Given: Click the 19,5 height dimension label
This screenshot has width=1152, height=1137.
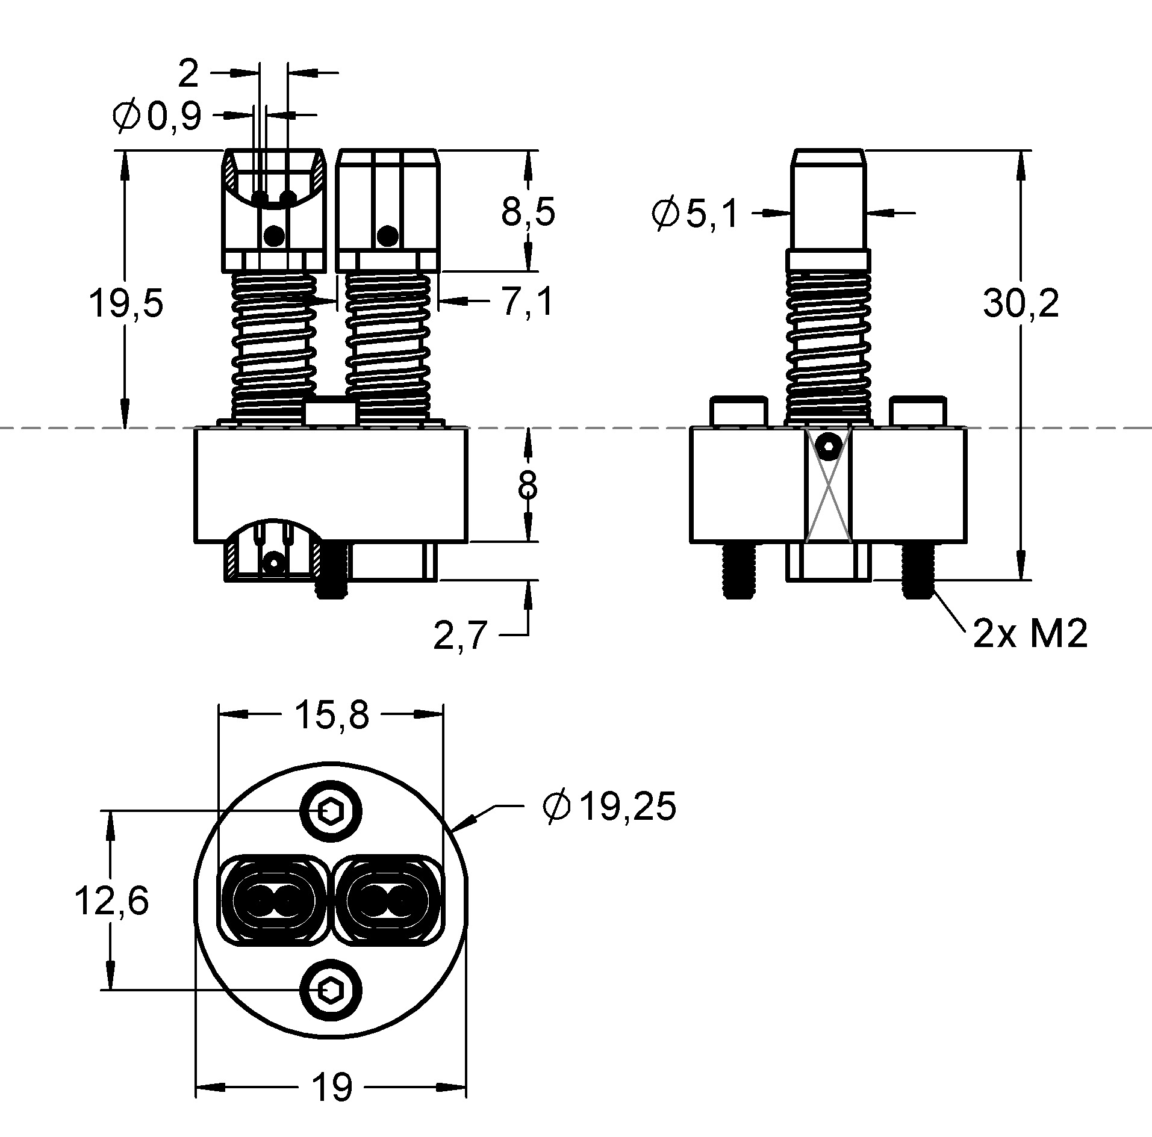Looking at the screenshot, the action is click(x=125, y=303).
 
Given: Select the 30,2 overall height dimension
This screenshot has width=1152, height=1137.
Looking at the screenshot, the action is click(x=1020, y=303).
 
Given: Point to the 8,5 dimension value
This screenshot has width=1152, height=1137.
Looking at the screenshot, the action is click(x=528, y=211).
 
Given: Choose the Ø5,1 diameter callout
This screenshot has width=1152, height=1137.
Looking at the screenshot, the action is click(x=694, y=213).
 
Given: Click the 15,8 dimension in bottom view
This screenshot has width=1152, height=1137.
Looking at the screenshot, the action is click(x=331, y=715).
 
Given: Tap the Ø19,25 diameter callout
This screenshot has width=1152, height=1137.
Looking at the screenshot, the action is click(x=609, y=807).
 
